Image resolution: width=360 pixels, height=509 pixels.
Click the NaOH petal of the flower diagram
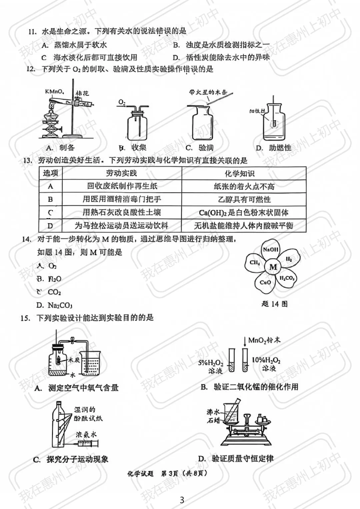(270, 250)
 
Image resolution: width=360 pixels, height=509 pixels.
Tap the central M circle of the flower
(273, 267)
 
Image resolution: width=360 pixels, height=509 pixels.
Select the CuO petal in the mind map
(265, 282)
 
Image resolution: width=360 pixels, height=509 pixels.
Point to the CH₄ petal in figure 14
(255, 262)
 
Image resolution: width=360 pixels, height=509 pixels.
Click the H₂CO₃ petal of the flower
(287, 278)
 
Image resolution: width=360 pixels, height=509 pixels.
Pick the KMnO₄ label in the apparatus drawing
(55, 91)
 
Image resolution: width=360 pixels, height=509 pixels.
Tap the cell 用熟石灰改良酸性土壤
(122, 212)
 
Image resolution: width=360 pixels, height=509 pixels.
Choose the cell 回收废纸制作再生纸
(122, 186)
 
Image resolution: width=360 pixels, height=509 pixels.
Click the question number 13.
(28, 161)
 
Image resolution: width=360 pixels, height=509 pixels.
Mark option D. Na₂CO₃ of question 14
(54, 305)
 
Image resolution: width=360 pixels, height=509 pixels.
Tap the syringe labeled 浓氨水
(87, 443)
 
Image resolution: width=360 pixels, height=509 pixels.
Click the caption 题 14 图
(274, 304)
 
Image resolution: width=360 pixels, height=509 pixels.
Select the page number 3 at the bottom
(182, 500)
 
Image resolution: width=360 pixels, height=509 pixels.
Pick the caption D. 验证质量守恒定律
(236, 459)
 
